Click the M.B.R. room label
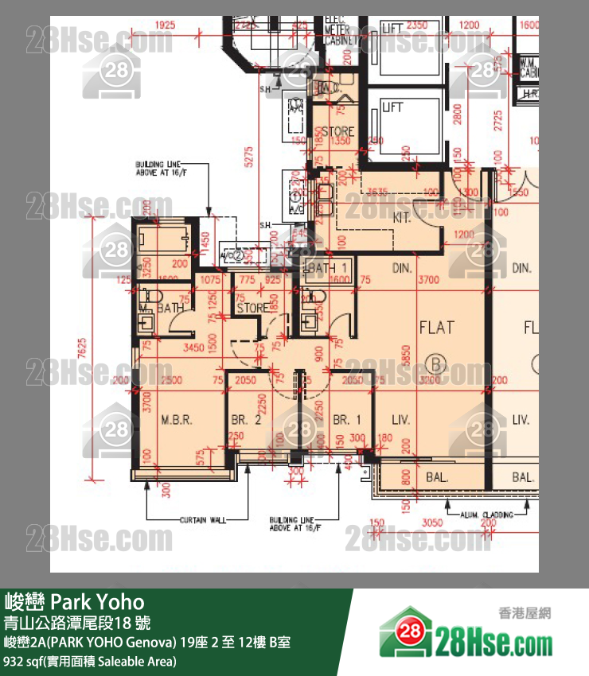176,420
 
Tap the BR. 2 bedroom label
247,420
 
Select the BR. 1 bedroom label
347,420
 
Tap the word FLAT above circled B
437,327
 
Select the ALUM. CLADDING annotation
486,515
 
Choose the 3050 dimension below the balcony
431,522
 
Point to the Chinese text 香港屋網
525,612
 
